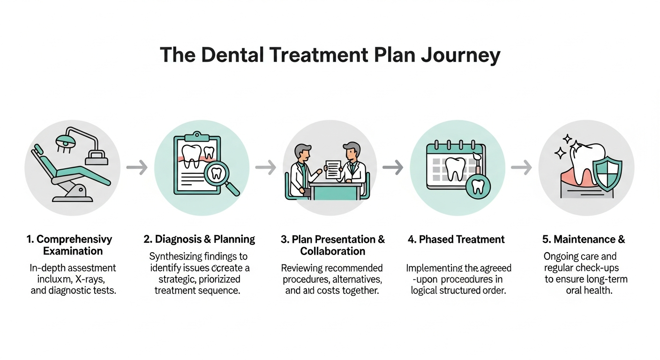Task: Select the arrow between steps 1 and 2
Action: click(x=137, y=167)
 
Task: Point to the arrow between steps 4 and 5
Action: click(x=521, y=167)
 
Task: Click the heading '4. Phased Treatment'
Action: click(x=456, y=240)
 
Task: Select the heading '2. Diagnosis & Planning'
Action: click(x=199, y=240)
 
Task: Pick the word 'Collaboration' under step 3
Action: click(x=333, y=251)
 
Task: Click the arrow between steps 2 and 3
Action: click(x=265, y=167)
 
